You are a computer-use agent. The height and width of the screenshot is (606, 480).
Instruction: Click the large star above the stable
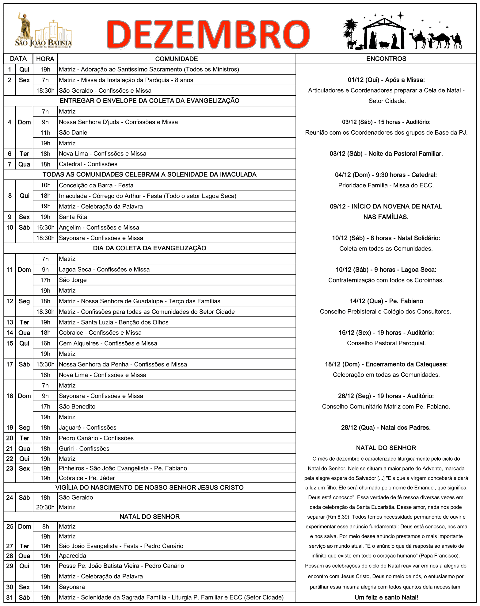400,15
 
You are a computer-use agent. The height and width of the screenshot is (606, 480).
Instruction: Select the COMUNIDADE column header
176,59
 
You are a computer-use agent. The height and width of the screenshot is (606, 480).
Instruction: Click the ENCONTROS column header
386,59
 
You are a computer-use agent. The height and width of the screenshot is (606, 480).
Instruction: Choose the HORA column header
45,59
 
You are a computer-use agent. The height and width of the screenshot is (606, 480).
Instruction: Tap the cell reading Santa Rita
73,217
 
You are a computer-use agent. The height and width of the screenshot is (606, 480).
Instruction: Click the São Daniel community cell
74,132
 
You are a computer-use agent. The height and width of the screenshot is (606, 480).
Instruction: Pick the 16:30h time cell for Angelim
45,228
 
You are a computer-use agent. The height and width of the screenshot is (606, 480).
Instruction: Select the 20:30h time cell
45,507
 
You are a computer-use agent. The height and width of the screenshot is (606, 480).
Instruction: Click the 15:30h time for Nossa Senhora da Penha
45,364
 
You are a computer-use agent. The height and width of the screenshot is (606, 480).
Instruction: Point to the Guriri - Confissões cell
84,448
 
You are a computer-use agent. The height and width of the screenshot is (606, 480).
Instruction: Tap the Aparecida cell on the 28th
72,556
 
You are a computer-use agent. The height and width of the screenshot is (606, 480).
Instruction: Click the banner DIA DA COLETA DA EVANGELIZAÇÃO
150,248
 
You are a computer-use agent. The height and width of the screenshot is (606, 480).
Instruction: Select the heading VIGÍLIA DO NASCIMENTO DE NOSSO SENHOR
150,488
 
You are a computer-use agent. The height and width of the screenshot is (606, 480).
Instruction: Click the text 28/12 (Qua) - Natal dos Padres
386,428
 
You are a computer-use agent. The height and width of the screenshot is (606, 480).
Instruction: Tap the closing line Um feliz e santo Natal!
386,597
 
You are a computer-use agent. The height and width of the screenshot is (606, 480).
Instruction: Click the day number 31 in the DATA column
10,597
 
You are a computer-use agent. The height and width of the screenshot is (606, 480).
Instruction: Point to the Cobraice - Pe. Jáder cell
87,478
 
